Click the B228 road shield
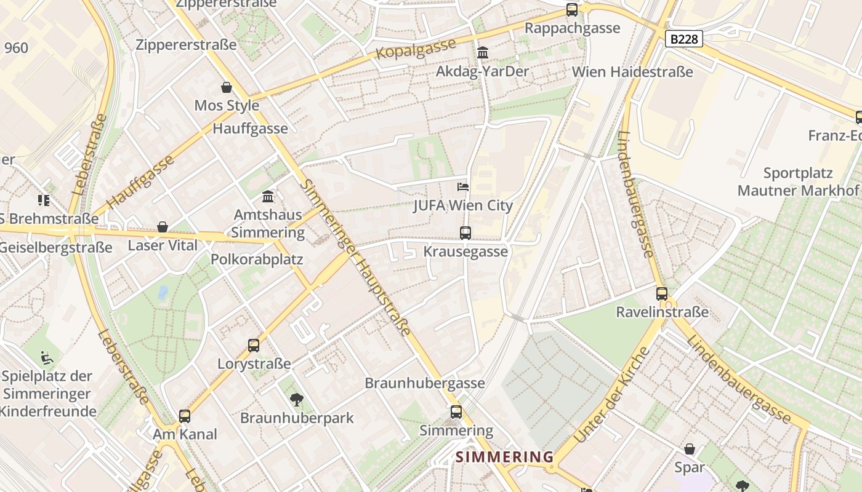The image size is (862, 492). [684, 39]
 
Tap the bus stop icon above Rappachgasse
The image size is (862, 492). [572, 10]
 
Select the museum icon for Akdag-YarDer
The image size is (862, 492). [483, 53]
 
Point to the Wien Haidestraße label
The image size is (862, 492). [632, 72]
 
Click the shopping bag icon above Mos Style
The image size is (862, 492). [227, 87]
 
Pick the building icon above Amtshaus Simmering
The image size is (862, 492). [268, 197]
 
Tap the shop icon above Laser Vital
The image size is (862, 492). [163, 228]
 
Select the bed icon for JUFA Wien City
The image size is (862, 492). [463, 187]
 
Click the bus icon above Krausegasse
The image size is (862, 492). [465, 233]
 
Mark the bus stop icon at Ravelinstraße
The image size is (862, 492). [662, 294]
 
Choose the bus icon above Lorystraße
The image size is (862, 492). [254, 346]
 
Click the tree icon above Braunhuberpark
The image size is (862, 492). [297, 400]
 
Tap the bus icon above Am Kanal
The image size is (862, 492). [185, 416]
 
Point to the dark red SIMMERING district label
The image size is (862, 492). [505, 457]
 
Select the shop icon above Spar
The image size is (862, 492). [690, 450]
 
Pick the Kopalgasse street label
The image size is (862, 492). [416, 49]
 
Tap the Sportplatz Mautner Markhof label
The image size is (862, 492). [798, 182]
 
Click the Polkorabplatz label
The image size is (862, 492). [257, 260]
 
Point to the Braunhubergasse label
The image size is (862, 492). [425, 383]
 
